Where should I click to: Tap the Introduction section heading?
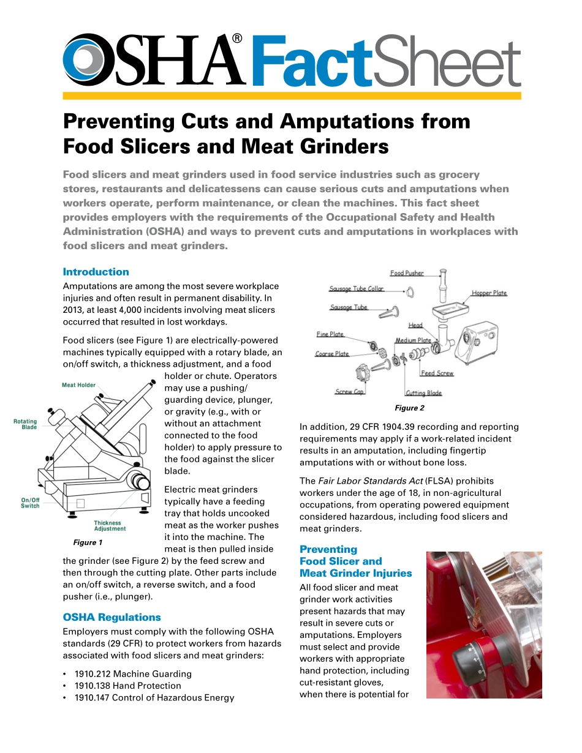click(x=96, y=272)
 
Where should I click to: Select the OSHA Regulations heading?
click(x=112, y=617)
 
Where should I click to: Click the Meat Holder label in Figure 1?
click(x=78, y=385)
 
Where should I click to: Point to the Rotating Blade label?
click(x=26, y=424)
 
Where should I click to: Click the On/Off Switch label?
click(x=30, y=503)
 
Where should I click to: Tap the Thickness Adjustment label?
click(x=110, y=526)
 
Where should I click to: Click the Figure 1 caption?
click(x=88, y=542)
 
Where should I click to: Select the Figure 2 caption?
click(x=409, y=408)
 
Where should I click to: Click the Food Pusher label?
click(x=407, y=273)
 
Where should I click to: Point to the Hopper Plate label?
click(x=489, y=293)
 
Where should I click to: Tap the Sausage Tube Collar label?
click(x=356, y=289)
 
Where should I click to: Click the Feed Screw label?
click(x=437, y=373)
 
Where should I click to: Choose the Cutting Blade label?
click(x=423, y=393)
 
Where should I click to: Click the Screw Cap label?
click(x=349, y=392)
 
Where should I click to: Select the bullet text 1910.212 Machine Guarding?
click(x=133, y=673)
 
